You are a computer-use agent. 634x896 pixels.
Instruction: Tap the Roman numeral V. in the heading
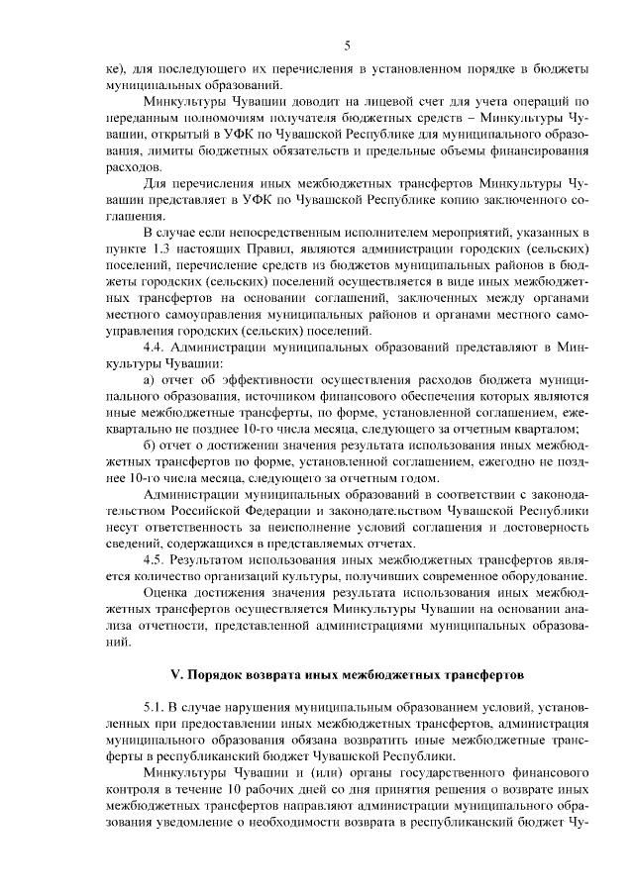(x=179, y=675)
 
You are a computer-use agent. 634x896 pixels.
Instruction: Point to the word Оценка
(x=168, y=592)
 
